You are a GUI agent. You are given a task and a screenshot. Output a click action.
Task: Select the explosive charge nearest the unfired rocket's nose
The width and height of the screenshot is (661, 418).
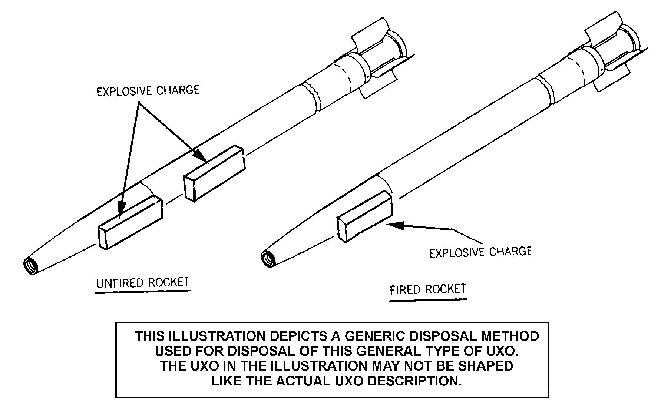pos(130,222)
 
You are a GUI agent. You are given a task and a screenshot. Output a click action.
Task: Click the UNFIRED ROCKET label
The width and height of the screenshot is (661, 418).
pos(143,283)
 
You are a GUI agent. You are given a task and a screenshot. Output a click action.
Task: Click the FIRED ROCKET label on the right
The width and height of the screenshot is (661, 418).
pos(427,289)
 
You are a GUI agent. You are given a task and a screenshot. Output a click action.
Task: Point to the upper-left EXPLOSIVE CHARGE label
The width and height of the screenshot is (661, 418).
pos(148,90)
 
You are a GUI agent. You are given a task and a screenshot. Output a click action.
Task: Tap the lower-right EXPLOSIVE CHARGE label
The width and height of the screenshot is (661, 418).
pos(480,252)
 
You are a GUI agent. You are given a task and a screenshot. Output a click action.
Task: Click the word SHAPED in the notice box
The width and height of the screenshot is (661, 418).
pos(486,366)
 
